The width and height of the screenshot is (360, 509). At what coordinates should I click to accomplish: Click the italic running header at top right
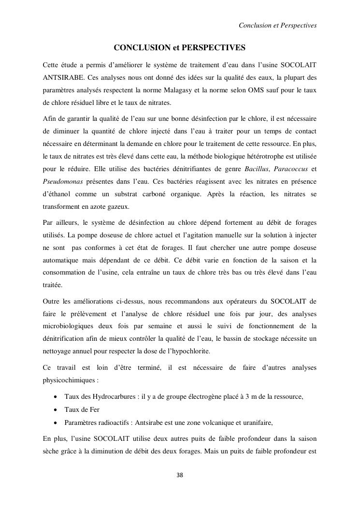(x=278, y=25)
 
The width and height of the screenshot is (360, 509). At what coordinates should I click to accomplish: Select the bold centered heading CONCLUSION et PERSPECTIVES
(x=180, y=48)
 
